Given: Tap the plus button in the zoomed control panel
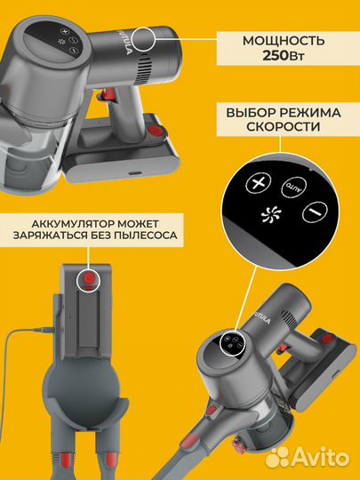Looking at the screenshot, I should pyautogui.click(x=260, y=183).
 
